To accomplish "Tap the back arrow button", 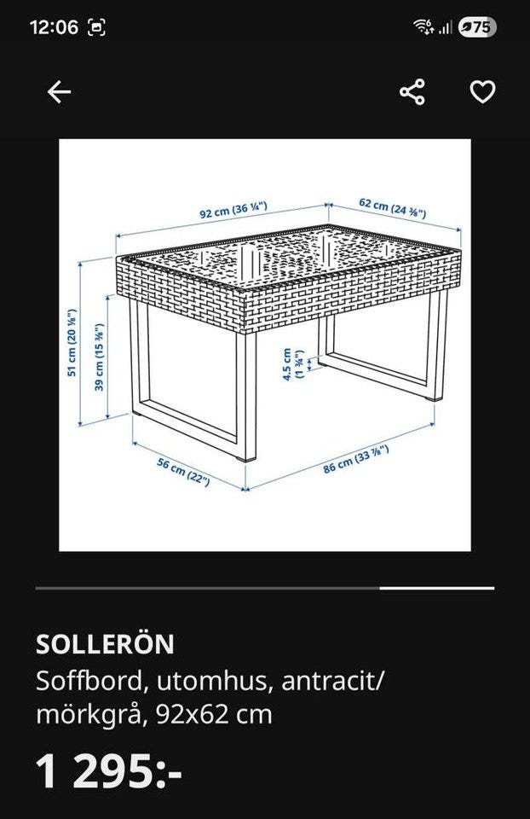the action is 59,92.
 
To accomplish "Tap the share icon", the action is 412,92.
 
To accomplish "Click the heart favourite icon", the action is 482,92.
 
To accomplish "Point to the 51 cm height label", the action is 72,343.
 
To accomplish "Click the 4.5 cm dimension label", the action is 292,364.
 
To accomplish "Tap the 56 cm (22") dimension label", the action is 183,472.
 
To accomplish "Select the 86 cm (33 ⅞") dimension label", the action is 357,460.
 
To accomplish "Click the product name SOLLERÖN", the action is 105,644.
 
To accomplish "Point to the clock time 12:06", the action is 55,26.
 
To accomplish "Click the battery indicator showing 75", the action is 477,26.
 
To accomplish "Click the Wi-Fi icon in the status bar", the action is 423,26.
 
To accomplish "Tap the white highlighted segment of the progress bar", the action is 437,588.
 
